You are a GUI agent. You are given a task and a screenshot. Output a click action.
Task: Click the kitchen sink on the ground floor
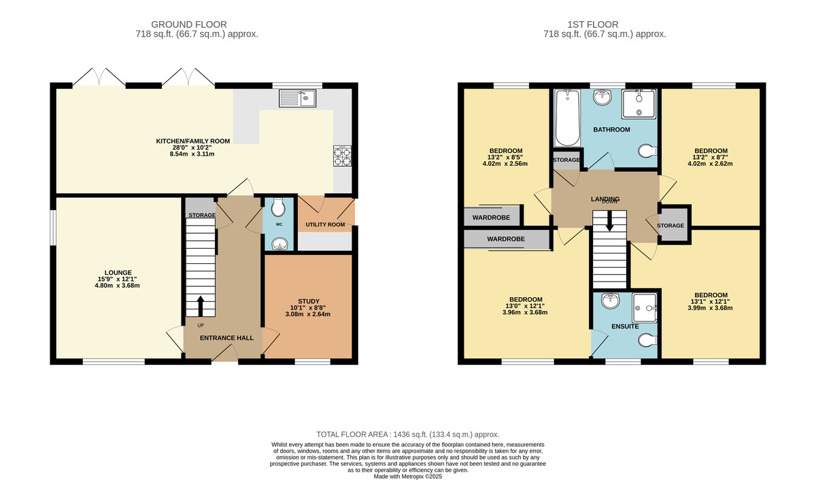[x=297, y=99]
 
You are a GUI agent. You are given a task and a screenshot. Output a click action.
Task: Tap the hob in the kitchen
[x=341, y=156]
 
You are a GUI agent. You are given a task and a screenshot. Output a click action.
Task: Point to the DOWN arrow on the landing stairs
[x=609, y=221]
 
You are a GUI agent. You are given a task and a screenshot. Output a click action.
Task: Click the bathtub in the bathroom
[x=566, y=118]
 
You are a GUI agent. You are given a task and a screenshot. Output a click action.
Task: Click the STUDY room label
[x=308, y=301]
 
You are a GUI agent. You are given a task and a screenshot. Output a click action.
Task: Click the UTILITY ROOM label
[x=325, y=224]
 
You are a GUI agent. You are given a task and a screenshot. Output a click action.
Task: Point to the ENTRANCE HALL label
[x=226, y=338]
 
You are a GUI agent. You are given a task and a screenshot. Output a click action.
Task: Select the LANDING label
[x=605, y=199]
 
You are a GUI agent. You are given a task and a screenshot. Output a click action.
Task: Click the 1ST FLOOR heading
[x=604, y=24]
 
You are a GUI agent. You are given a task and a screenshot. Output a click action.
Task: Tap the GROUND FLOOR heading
[x=198, y=24]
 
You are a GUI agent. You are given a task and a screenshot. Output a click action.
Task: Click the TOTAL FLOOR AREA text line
[x=408, y=434]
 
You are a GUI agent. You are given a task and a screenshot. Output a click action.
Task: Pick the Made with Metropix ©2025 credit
[x=408, y=477]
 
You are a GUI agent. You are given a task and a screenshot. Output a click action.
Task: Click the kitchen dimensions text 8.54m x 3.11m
[x=193, y=154]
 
